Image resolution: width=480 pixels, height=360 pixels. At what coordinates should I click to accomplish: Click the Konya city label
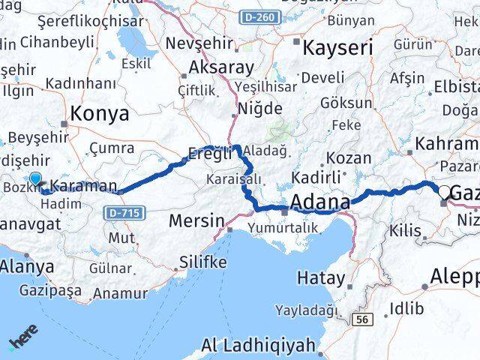pos(99,114)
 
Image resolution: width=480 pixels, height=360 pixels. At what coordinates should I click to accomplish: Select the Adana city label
pos(319,203)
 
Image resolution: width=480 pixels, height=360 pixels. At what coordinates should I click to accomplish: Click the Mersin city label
pos(197,221)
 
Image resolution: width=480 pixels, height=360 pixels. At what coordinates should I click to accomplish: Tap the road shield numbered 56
pos(364,319)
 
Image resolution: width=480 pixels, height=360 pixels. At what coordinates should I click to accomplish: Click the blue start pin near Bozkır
pos(36,179)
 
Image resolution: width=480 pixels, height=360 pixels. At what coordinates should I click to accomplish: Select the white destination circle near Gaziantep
pos(444,193)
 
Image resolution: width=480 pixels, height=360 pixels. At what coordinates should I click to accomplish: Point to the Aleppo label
pos(454,277)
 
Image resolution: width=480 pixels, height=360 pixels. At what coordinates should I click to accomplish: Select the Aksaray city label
pos(222,67)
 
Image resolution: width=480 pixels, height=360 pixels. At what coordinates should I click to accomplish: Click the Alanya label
pos(27,266)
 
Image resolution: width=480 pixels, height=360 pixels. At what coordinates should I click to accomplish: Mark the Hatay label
pos(322,278)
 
